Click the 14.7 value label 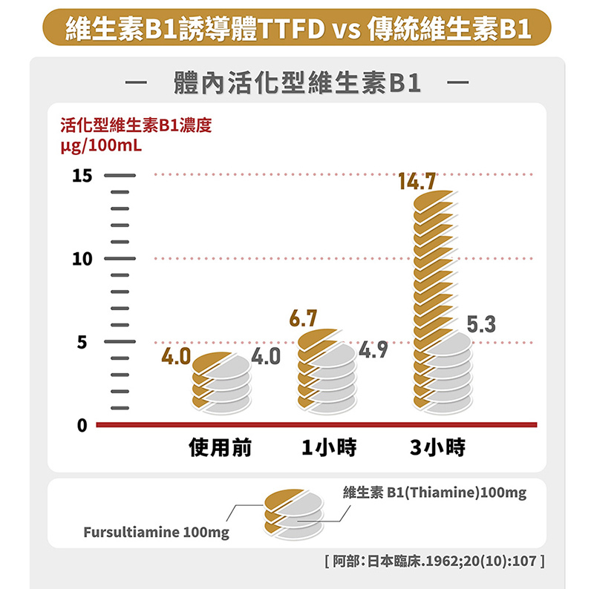[x=417, y=181]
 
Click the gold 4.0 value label [x=177, y=357]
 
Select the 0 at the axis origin [x=81, y=427]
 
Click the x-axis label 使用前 [x=221, y=448]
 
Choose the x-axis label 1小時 [x=329, y=448]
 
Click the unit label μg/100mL [x=101, y=142]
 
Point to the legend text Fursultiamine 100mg [x=156, y=533]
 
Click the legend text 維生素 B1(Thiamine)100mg [x=435, y=493]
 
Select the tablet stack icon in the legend [x=295, y=512]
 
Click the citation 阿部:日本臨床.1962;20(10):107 [x=435, y=561]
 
